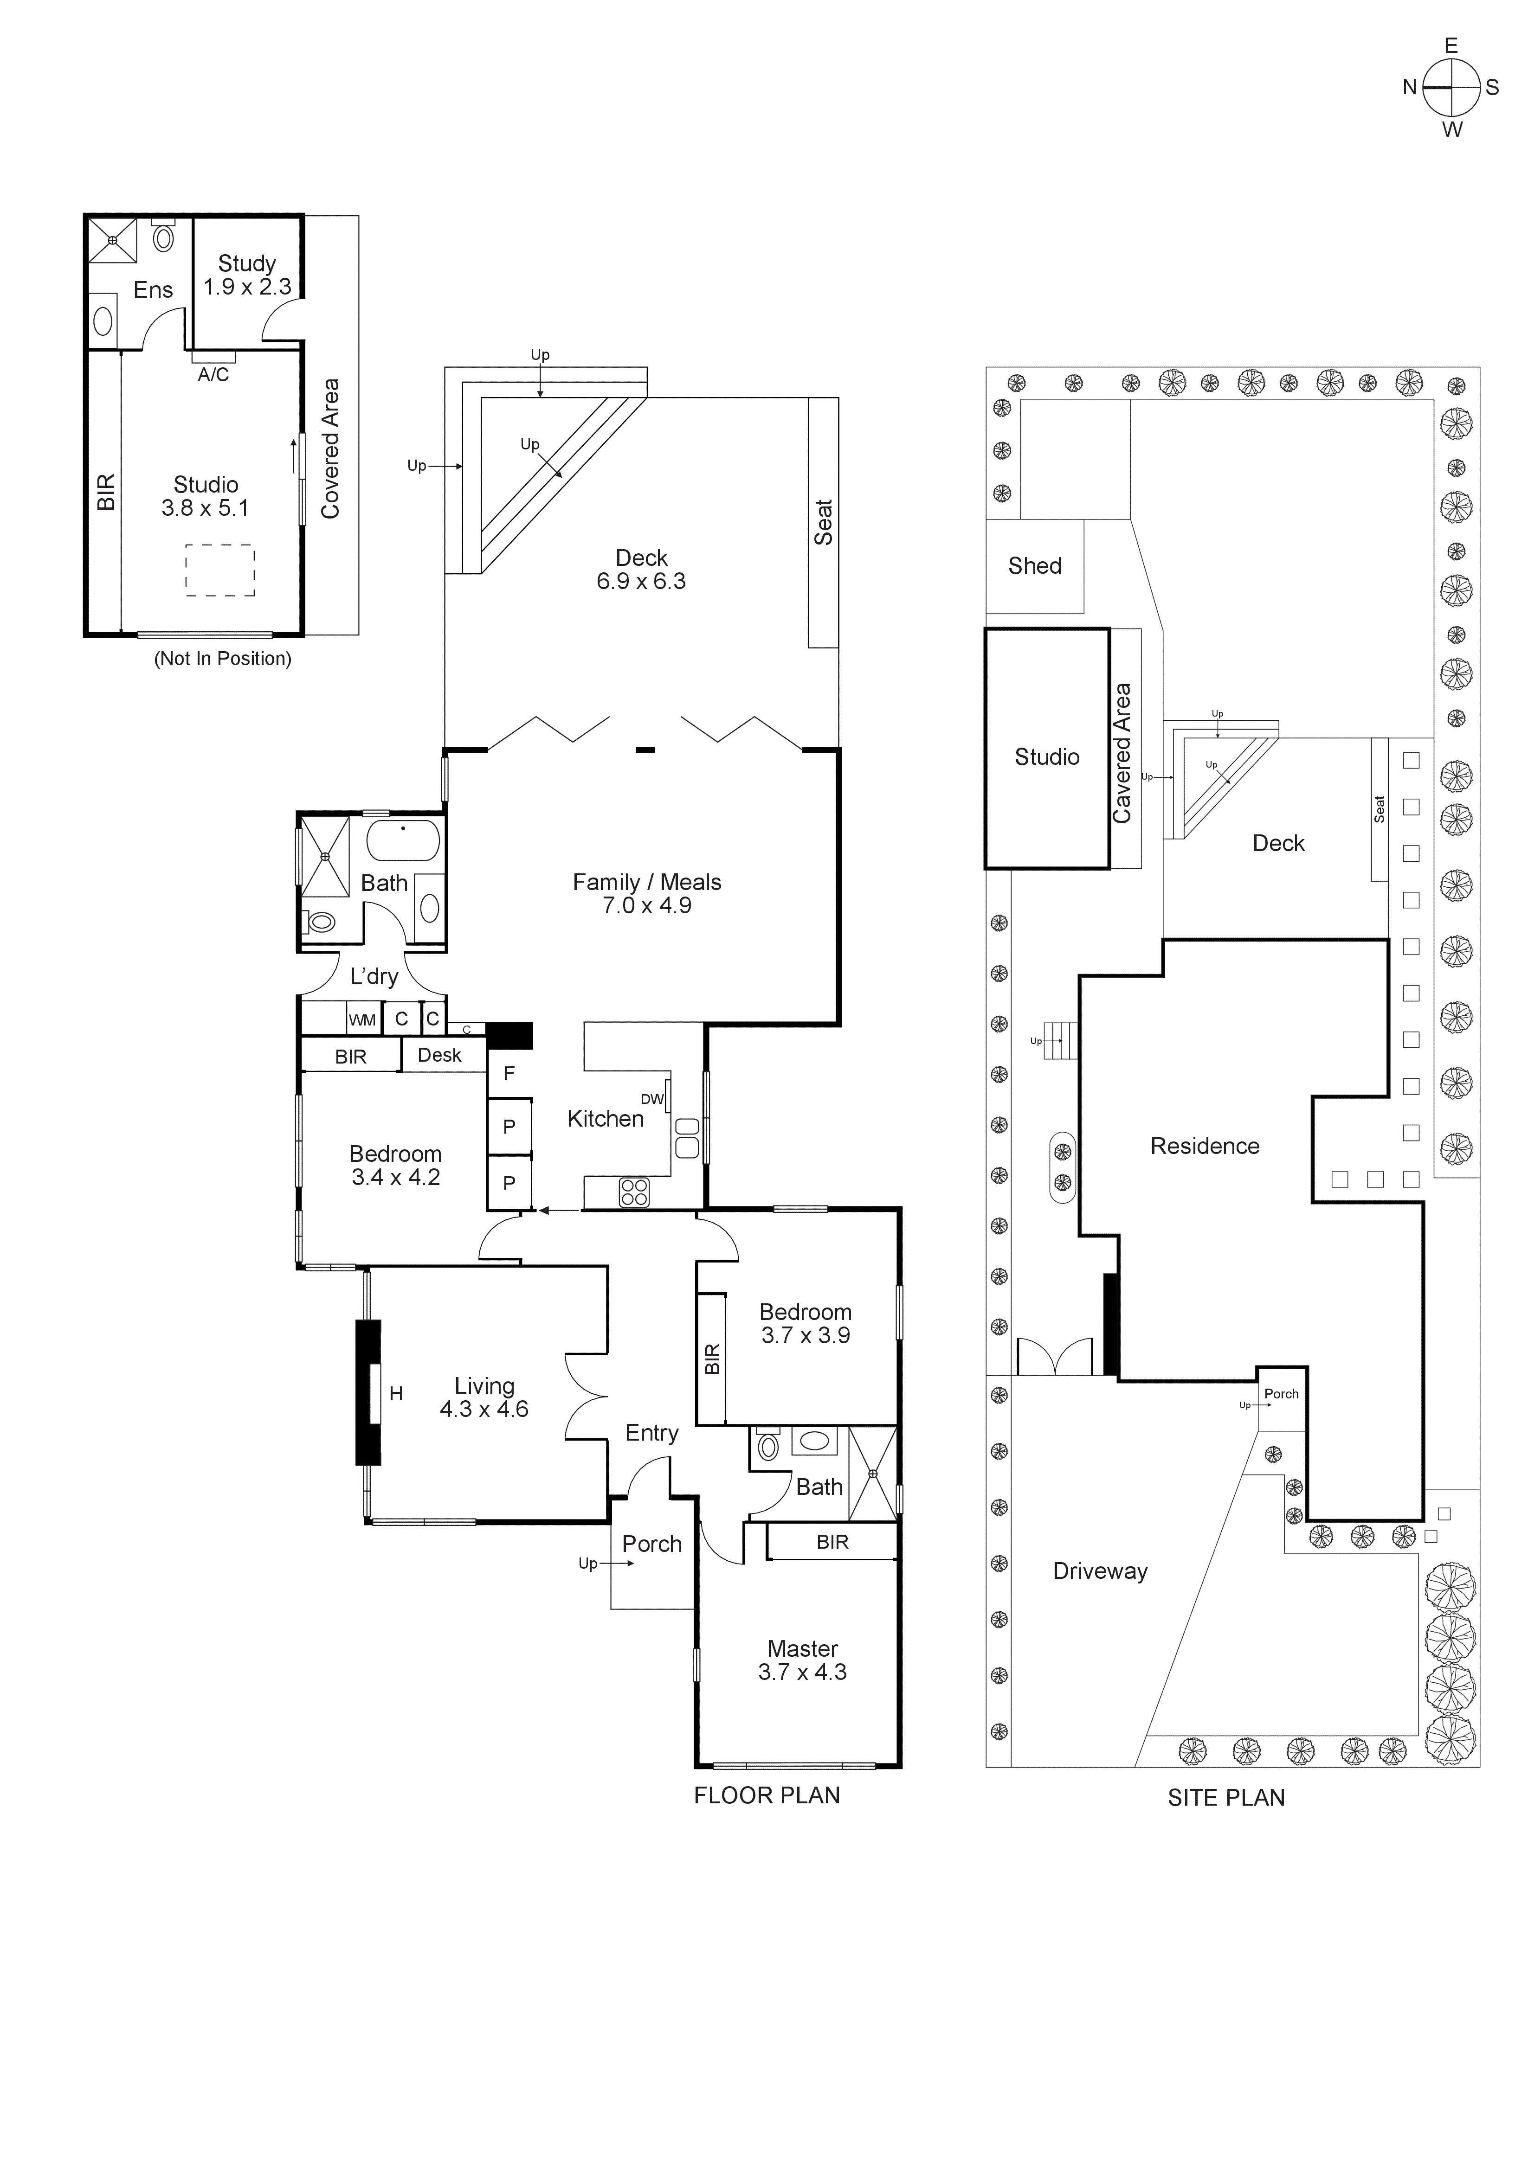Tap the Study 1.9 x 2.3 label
point(247,275)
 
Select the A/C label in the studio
point(213,374)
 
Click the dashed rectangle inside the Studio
point(220,570)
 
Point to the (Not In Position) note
point(223,659)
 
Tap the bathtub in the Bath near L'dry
point(403,840)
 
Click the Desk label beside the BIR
point(439,1055)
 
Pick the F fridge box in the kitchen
point(509,1073)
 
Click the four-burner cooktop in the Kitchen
point(634,1192)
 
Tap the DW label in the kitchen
point(652,1099)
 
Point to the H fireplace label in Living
point(396,1393)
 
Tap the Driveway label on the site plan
point(1100,1571)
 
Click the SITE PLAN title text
point(1226,1798)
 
